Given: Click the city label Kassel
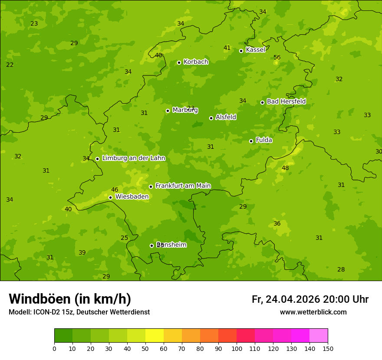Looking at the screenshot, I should [255, 50].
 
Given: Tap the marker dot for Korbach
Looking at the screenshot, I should [179, 62].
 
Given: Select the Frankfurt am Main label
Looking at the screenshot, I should [183, 186].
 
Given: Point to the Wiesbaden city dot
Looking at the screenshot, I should [110, 197].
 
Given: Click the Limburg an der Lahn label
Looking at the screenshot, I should [133, 158].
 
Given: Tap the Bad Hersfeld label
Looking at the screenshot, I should [286, 101].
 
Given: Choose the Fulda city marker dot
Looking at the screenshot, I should [251, 141].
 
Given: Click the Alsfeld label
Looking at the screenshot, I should [226, 117].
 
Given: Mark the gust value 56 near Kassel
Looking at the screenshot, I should [277, 57].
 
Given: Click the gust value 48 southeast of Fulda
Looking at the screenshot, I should [285, 168].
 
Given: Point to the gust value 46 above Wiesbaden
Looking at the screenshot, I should [115, 190].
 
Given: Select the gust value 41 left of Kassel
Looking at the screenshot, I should [227, 48].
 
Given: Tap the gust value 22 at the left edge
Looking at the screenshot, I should [10, 65].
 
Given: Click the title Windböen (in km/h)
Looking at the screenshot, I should [70, 299].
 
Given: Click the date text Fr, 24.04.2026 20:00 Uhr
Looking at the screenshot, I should [310, 299].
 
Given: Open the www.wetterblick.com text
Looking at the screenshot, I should [313, 312].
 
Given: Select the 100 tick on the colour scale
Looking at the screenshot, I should [237, 348].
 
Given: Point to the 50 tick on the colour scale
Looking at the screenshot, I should [145, 348].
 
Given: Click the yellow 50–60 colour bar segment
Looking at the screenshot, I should [155, 336].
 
